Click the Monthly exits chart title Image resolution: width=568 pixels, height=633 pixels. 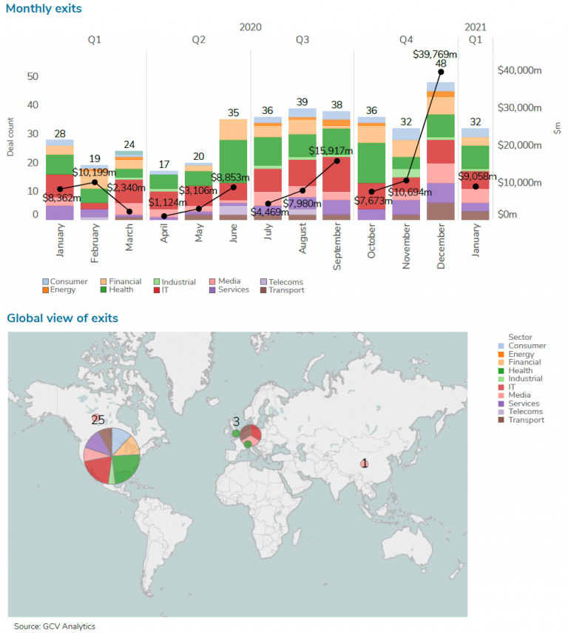click(44, 9)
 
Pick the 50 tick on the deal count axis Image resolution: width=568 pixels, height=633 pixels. click(33, 76)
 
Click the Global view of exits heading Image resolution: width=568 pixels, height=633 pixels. click(62, 318)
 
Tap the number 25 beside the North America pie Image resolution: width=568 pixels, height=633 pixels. click(98, 420)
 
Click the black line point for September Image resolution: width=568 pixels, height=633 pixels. click(337, 161)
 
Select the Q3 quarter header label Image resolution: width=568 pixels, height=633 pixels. click(302, 40)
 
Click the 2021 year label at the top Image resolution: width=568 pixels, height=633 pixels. click(476, 27)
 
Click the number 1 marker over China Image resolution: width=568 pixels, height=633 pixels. click(363, 463)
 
